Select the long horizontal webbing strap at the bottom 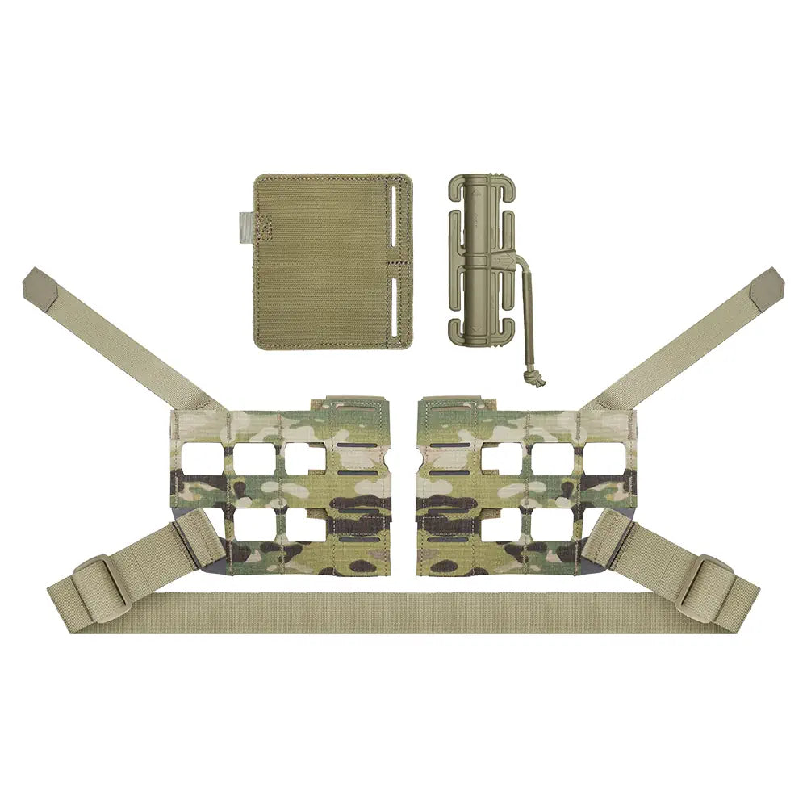click(403, 613)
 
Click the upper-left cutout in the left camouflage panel click(204, 458)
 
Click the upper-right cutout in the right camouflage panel click(604, 458)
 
